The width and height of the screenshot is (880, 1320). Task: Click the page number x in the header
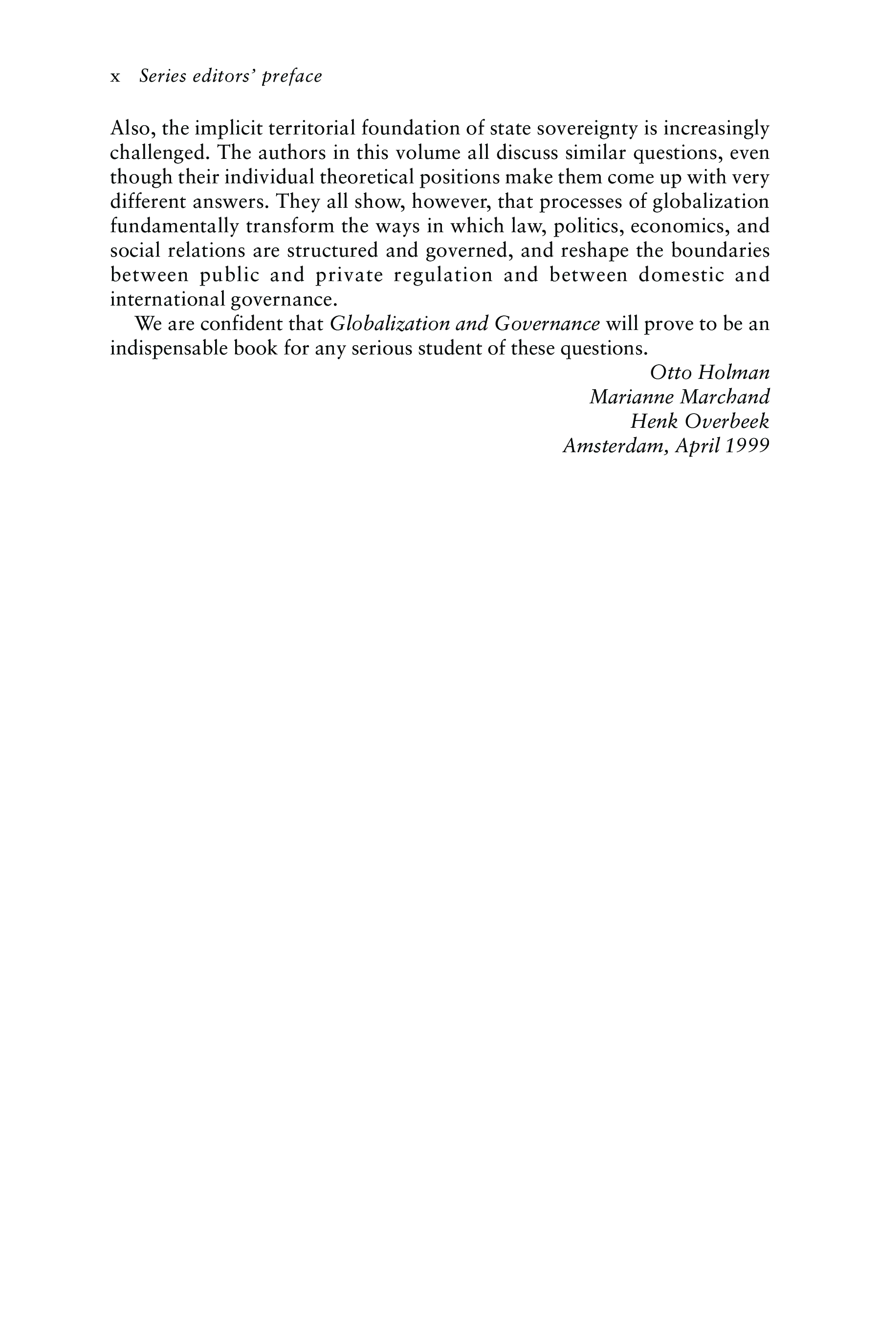[115, 77]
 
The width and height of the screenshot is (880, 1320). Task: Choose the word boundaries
[720, 250]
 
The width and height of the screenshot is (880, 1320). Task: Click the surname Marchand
[725, 397]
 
